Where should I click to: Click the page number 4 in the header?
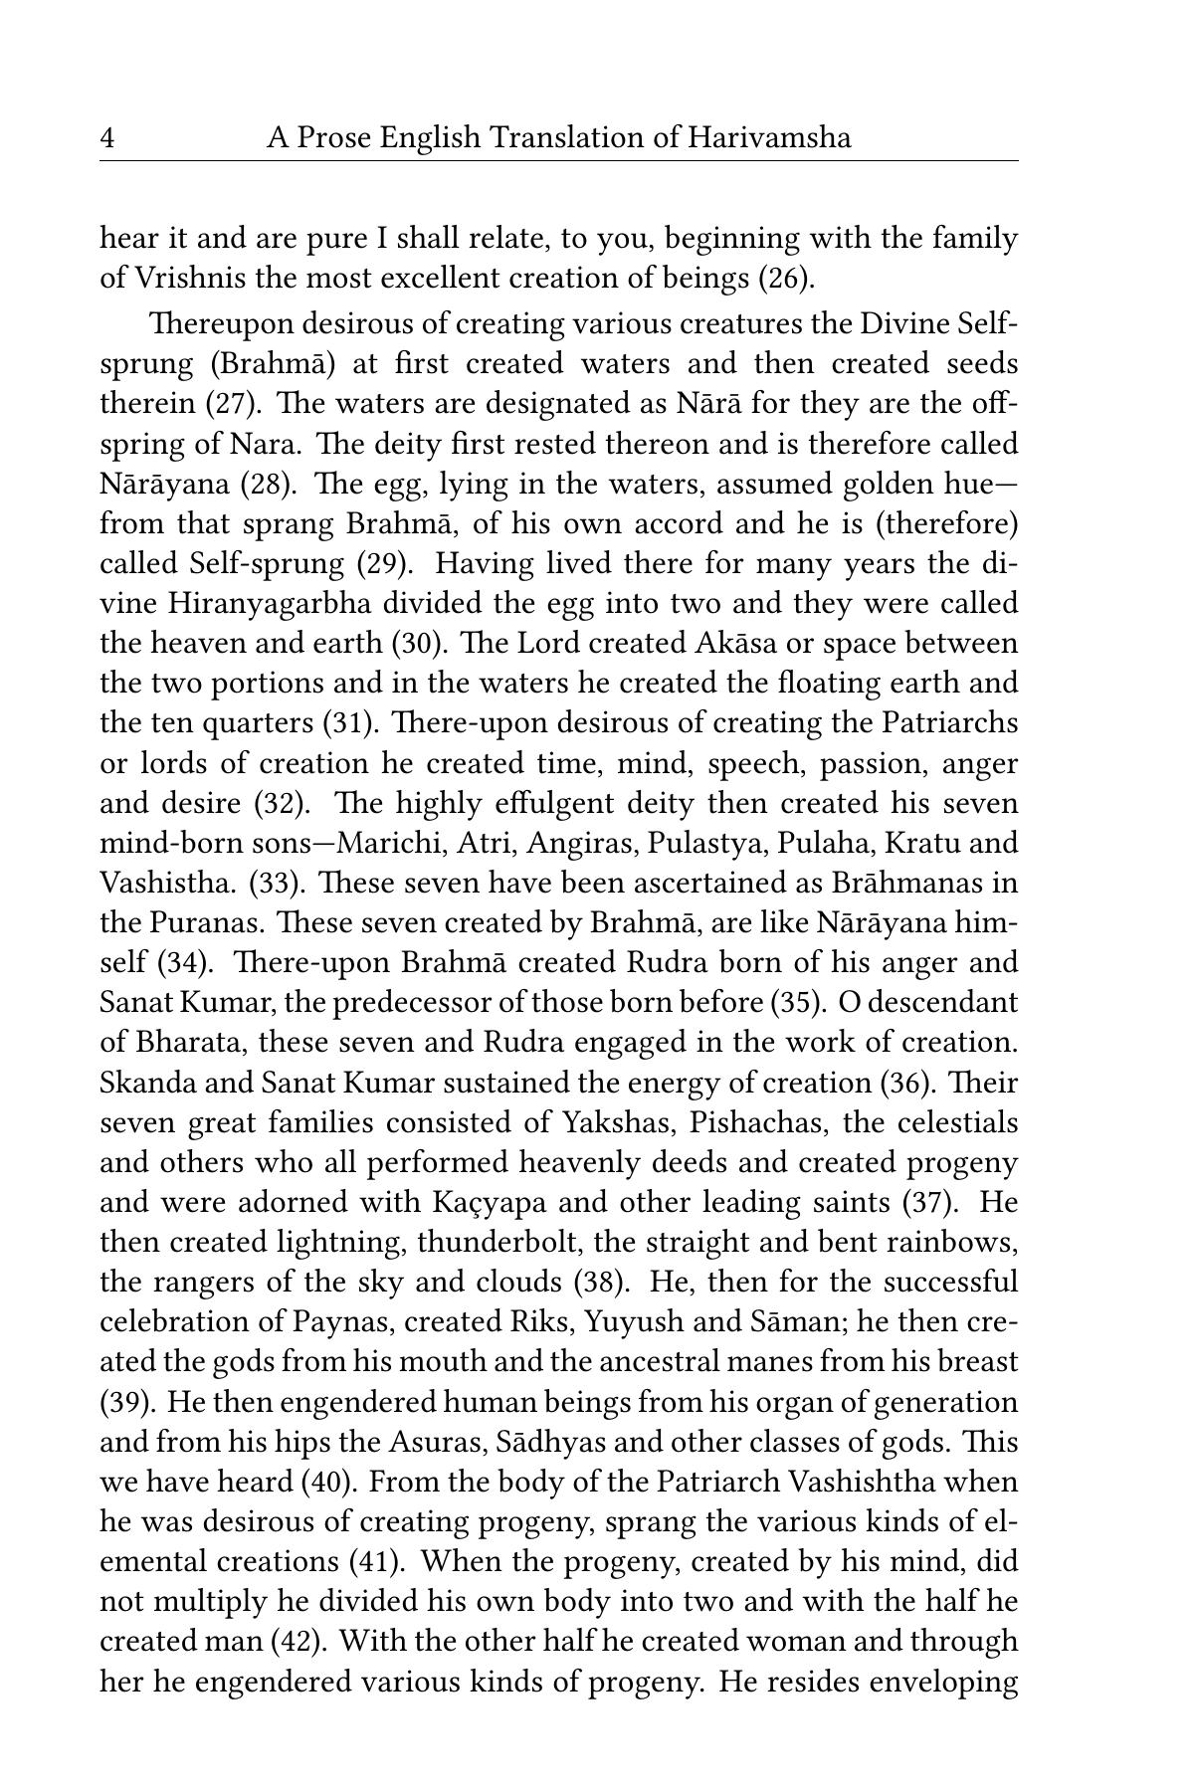107,138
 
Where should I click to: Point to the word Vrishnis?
186,278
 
